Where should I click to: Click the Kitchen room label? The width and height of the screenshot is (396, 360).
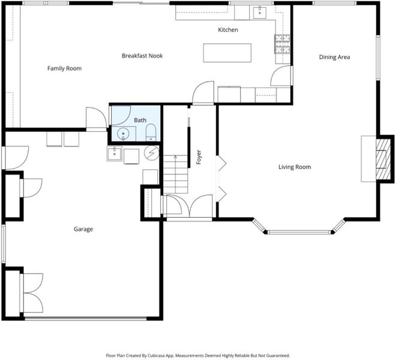[228, 30]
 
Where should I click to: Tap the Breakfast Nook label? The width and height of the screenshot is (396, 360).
[142, 56]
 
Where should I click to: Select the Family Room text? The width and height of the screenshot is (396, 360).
[64, 68]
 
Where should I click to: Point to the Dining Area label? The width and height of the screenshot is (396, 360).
[334, 57]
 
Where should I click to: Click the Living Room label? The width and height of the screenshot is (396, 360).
[295, 167]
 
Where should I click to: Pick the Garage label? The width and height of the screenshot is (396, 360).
[83, 229]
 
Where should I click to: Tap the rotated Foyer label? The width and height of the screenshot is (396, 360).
[199, 157]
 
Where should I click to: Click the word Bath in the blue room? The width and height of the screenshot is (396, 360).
[140, 120]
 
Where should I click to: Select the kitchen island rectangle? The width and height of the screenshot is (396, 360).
[227, 53]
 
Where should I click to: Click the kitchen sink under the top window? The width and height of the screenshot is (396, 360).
[260, 13]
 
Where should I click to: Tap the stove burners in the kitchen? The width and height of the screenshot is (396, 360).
[283, 44]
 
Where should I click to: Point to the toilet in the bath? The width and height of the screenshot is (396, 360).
[151, 133]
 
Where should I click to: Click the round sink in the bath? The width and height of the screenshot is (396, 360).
[123, 133]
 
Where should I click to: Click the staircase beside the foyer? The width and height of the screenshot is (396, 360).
[176, 175]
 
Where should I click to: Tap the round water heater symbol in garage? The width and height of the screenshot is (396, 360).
[152, 152]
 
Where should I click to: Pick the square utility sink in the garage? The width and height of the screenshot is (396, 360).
[115, 154]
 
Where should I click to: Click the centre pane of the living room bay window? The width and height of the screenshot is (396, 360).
[299, 232]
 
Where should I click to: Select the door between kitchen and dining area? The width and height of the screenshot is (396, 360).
[281, 76]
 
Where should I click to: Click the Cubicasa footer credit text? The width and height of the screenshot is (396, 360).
[198, 355]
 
